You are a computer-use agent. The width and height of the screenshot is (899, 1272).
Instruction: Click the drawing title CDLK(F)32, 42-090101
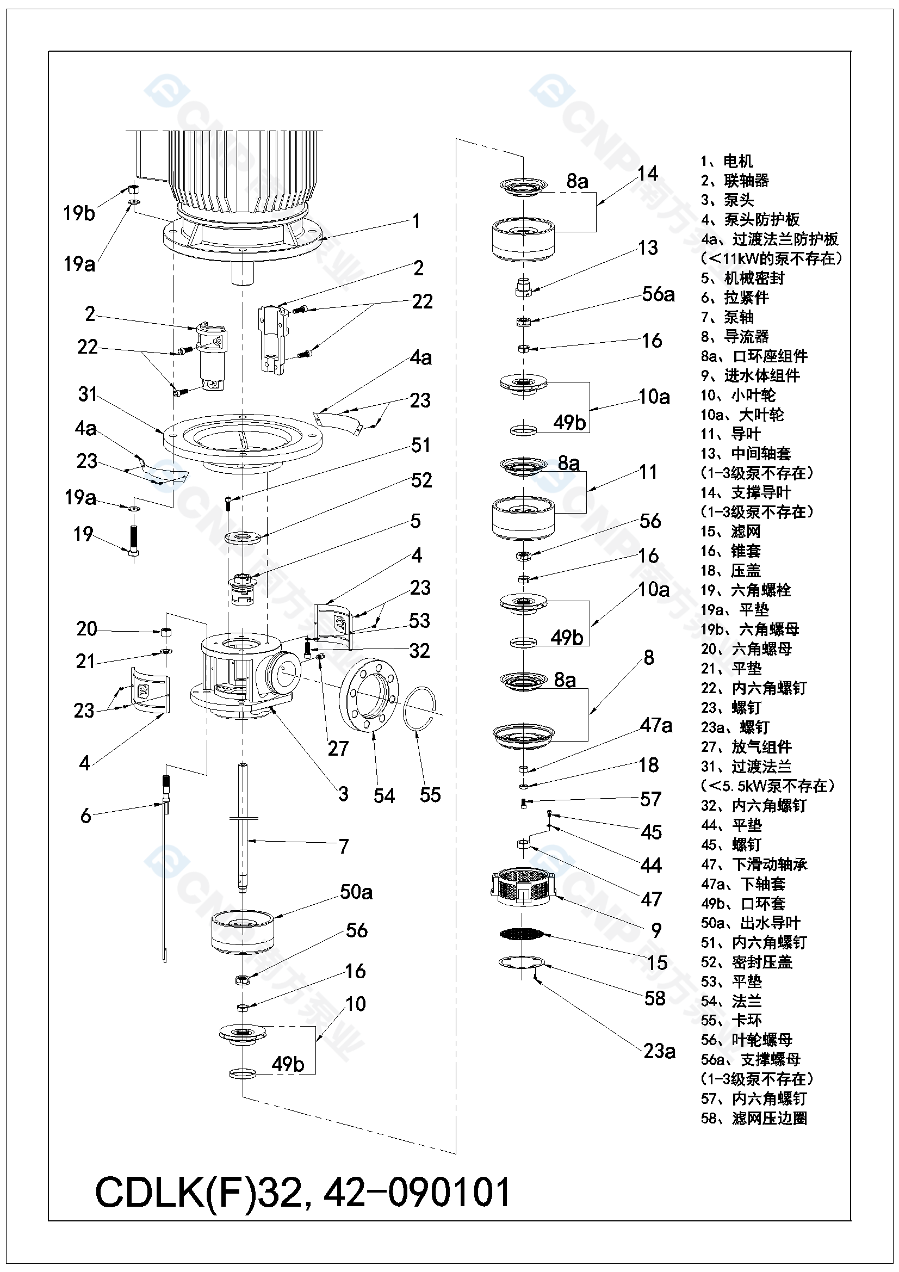302,1191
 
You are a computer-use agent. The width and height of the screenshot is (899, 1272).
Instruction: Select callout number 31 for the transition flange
88,394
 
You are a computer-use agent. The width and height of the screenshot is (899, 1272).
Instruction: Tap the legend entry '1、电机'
727,161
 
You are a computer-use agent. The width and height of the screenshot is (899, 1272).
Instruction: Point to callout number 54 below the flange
384,795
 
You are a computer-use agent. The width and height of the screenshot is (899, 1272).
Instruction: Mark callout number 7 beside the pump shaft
343,846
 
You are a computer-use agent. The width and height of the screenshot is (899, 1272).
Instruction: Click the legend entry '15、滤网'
730,532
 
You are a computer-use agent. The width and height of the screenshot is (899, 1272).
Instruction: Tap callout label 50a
356,892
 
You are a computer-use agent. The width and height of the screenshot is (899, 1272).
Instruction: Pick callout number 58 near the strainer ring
655,998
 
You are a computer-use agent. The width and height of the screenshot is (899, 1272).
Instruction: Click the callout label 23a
659,1051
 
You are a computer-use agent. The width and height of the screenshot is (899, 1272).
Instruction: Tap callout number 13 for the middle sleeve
648,248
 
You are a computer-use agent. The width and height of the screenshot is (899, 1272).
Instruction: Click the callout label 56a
659,294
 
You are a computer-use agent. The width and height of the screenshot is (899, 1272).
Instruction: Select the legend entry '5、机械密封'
742,278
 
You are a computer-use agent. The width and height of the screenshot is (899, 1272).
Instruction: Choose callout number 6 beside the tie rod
85,815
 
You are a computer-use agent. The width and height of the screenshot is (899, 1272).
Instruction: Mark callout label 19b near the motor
79,213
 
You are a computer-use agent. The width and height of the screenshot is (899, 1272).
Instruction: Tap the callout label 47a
656,725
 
